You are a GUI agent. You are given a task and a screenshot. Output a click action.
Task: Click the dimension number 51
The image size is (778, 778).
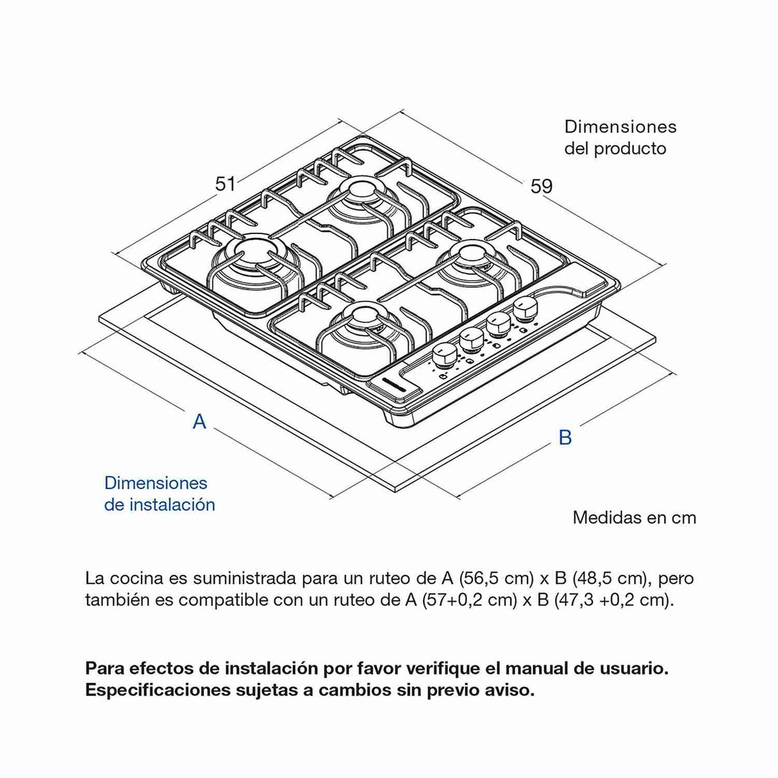click(225, 184)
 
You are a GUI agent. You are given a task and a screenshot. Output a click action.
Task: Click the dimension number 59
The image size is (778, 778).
click(541, 186)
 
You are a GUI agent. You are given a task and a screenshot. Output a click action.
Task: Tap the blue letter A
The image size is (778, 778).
click(199, 422)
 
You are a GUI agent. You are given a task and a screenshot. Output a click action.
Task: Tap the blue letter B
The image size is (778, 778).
click(565, 437)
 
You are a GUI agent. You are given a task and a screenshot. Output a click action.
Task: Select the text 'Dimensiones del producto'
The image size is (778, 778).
click(620, 138)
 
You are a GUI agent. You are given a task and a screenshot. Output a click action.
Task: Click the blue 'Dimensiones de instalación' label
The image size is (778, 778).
click(160, 493)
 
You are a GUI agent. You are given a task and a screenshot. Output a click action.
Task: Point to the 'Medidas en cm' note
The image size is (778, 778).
click(634, 517)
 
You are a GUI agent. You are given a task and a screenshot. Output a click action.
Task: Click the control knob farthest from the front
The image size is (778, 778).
click(524, 309)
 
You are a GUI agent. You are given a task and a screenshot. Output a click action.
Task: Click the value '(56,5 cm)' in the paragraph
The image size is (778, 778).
click(497, 578)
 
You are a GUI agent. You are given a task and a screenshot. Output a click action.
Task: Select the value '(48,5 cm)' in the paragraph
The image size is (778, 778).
click(609, 578)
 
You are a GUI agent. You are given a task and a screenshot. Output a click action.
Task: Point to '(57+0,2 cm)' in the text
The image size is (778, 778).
click(469, 600)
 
